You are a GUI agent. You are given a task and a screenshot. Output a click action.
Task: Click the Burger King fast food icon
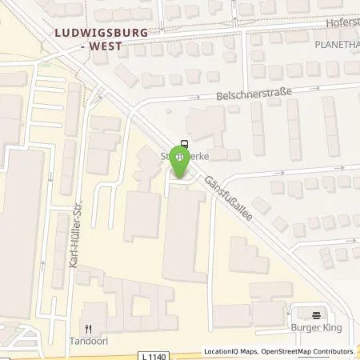[316, 314]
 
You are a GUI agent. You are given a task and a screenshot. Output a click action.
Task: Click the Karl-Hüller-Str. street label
[78, 245]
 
